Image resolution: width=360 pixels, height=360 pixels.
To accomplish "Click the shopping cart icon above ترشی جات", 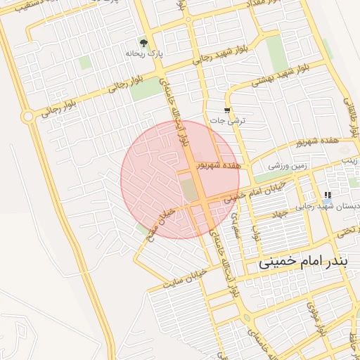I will click(x=226, y=110).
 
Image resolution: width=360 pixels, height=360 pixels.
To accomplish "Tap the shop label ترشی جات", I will click(x=229, y=120).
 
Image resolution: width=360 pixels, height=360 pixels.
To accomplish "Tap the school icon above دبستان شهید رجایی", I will click(x=327, y=195).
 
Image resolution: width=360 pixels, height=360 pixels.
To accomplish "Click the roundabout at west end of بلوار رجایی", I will click(x=27, y=116).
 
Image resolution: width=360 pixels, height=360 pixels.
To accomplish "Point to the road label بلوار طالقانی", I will click(x=349, y=112).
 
